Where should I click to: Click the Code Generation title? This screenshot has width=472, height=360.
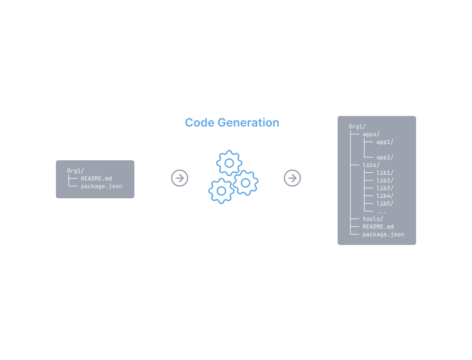[x=232, y=123]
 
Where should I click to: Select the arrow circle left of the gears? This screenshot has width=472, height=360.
[x=180, y=178]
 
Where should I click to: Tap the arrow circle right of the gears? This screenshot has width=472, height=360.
[x=292, y=178]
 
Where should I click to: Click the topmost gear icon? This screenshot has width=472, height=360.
[x=229, y=163]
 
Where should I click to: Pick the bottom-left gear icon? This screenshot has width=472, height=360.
[x=221, y=191]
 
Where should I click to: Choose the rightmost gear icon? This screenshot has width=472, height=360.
[x=246, y=182]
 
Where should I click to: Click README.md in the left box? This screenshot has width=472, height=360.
[x=96, y=179]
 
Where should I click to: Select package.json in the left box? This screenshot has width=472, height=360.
[x=101, y=186]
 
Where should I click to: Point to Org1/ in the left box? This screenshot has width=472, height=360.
[x=76, y=171]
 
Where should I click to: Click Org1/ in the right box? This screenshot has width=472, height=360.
[x=357, y=127]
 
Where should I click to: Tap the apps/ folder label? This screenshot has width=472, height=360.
[x=371, y=134]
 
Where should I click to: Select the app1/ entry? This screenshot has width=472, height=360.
[x=385, y=142]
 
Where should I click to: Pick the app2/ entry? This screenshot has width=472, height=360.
[x=385, y=157]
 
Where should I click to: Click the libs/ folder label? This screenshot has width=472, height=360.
[x=371, y=165]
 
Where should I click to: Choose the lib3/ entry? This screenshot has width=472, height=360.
[x=385, y=188]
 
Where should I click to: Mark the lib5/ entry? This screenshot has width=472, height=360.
[x=385, y=204]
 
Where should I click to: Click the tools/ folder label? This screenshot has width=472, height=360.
[x=373, y=219]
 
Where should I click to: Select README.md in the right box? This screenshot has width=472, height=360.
[x=378, y=227]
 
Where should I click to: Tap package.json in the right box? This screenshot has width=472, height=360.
[x=383, y=234]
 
